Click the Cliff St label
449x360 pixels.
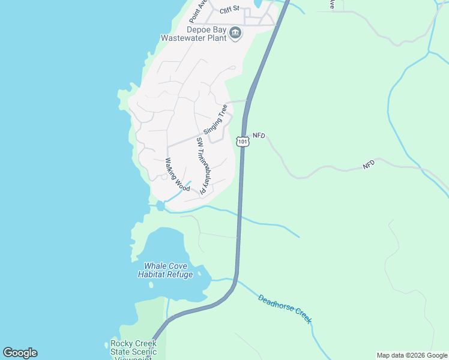[x=229, y=10]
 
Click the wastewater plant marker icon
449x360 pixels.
[x=235, y=33]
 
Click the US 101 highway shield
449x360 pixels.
[x=242, y=142]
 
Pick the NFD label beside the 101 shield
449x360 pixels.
[x=259, y=136]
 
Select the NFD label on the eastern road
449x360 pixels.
[x=369, y=163]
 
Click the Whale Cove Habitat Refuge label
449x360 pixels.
[x=165, y=270]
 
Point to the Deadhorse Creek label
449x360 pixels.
[x=285, y=308]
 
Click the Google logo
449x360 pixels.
[x=20, y=353]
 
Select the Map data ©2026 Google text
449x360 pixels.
[x=412, y=355]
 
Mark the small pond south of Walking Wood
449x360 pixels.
[x=160, y=206]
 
